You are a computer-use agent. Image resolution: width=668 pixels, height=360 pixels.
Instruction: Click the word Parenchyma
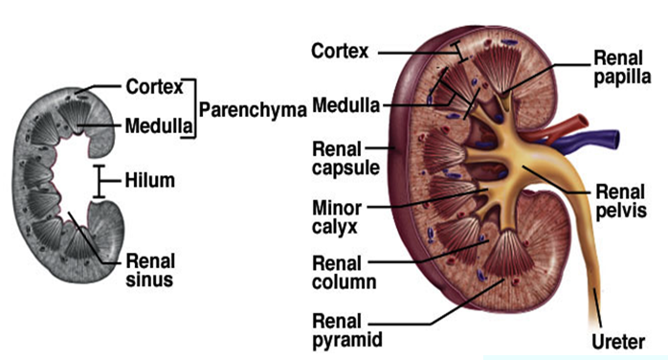(x=253, y=110)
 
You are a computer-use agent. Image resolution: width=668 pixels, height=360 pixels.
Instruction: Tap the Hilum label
(x=150, y=180)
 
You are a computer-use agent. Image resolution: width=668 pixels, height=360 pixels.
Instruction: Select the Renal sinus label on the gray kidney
(x=150, y=270)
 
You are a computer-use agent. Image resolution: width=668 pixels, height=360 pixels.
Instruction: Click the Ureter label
(x=618, y=342)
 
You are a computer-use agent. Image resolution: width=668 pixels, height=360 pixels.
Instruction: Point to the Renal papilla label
(x=622, y=68)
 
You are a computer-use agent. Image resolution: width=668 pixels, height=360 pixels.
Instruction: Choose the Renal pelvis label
(x=621, y=201)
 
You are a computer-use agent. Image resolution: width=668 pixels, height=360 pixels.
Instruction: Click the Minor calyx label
(x=337, y=217)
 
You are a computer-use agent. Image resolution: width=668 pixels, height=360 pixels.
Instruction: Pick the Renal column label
(x=345, y=273)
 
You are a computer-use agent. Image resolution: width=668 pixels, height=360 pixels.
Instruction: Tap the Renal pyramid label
(x=347, y=330)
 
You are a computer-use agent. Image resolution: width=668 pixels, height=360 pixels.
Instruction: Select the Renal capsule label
(x=345, y=159)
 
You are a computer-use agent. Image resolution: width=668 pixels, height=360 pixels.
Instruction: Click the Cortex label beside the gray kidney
(x=154, y=87)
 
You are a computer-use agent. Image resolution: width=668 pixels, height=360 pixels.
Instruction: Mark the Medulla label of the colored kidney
(x=345, y=105)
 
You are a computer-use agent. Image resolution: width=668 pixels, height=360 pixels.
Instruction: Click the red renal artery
(x=554, y=130)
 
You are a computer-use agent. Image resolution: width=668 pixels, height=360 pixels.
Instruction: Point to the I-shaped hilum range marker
(x=100, y=182)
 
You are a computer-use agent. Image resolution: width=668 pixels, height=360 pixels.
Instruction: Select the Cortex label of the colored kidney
(x=340, y=51)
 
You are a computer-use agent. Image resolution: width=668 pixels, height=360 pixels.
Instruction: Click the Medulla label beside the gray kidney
(x=159, y=126)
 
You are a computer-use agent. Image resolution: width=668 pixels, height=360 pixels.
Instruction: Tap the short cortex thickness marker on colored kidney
(x=459, y=52)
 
